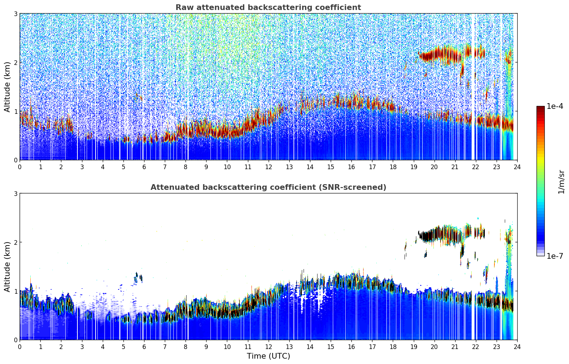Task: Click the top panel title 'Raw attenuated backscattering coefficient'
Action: (268, 7)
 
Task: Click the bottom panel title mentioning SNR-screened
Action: (268, 187)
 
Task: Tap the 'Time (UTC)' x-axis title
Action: (268, 356)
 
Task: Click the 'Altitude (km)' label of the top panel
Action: (7, 87)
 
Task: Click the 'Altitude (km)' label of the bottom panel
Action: (7, 267)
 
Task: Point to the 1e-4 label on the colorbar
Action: (555, 106)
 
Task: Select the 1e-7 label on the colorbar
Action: (555, 256)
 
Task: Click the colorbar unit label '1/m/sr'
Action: (561, 182)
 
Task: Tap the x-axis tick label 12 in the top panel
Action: (268, 167)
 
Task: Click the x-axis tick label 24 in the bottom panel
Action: (517, 347)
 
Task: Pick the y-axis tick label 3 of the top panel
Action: (16, 14)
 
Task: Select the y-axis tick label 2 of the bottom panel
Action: (16, 243)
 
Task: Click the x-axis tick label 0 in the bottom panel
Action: (20, 347)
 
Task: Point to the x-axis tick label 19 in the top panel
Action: (413, 167)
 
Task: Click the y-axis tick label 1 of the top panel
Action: (16, 111)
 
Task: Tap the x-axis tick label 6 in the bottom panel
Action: (144, 347)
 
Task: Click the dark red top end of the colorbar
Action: (540, 107)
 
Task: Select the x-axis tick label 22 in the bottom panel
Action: (476, 347)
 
